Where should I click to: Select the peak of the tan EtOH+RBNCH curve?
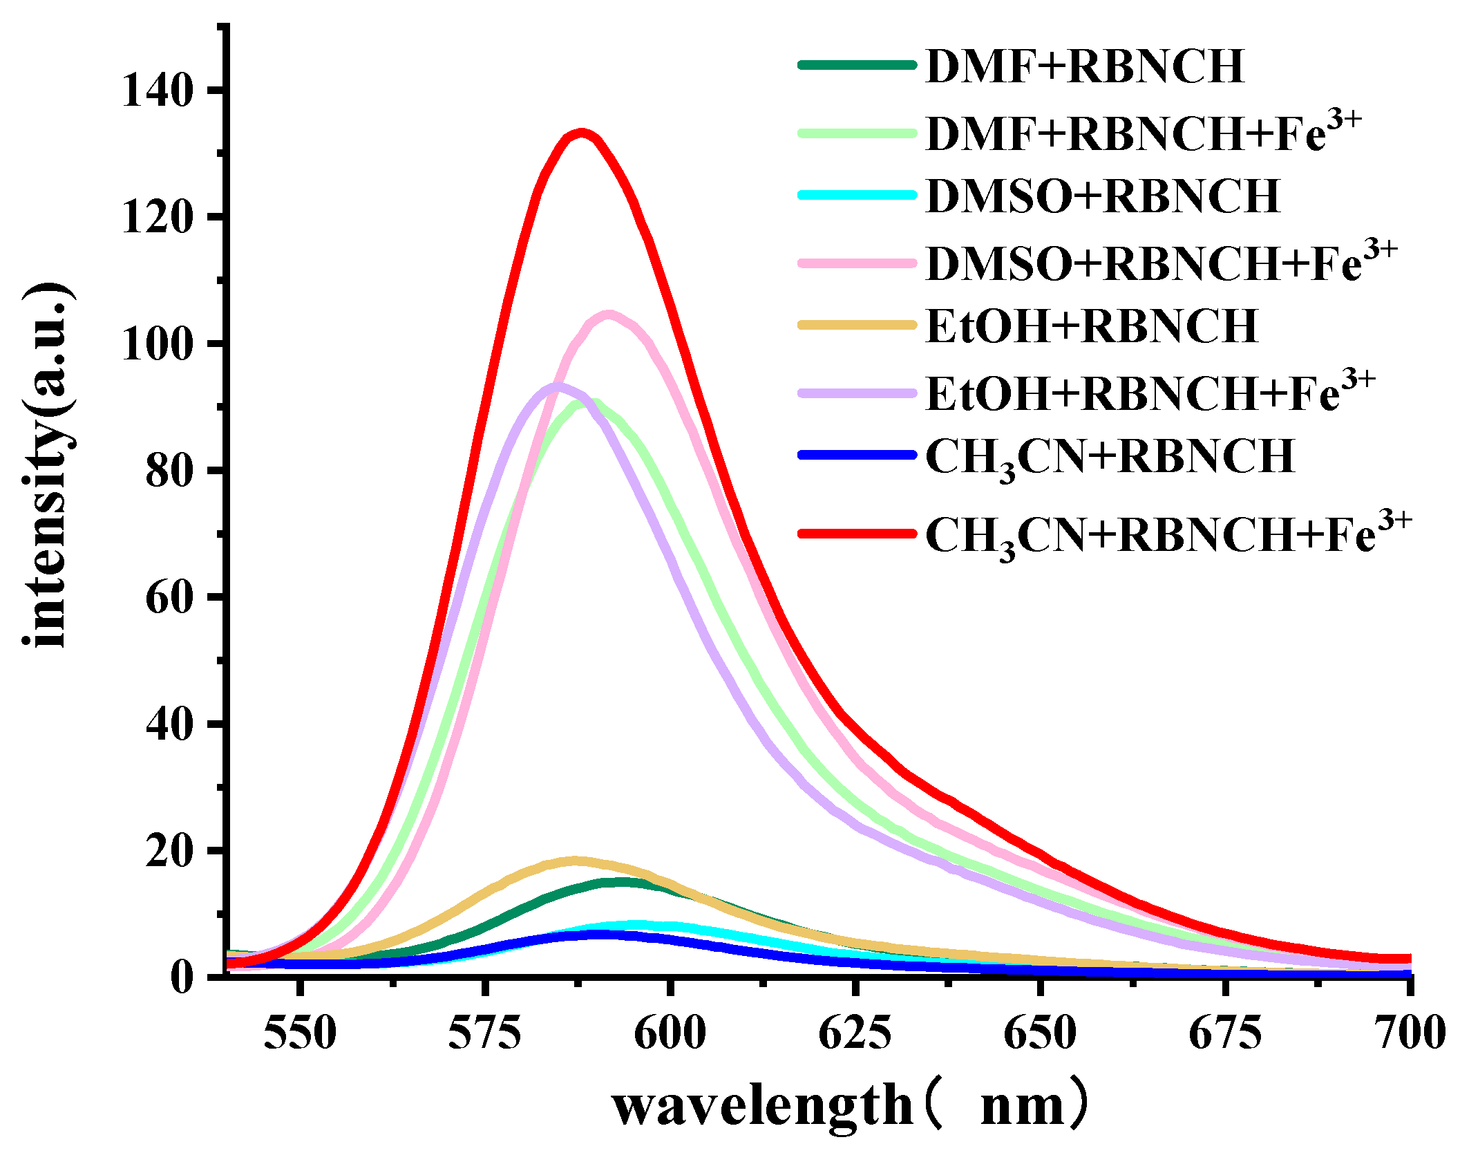click(x=573, y=861)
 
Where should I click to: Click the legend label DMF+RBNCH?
click(x=1084, y=66)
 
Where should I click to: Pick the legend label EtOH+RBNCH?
click(x=1091, y=326)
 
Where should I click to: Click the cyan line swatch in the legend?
click(x=857, y=196)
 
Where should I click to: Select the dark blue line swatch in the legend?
click(x=857, y=456)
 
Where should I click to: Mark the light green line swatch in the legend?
click(x=857, y=132)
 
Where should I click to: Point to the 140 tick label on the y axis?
click(x=157, y=90)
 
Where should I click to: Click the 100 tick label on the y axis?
click(x=157, y=344)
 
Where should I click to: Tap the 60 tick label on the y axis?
click(x=169, y=597)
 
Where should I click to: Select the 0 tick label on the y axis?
click(x=182, y=977)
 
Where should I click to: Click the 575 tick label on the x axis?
click(x=484, y=1033)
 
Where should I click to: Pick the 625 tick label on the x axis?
click(x=855, y=1033)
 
